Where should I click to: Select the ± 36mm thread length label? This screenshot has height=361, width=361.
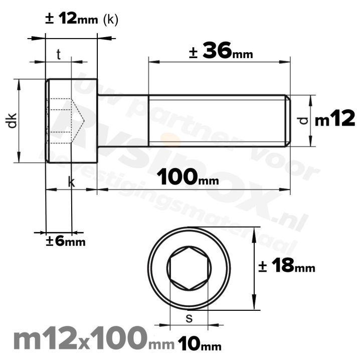(221, 51)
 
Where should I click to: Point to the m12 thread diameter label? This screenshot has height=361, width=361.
(335, 119)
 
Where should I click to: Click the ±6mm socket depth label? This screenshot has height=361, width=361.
(65, 241)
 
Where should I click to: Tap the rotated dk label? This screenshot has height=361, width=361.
(13, 120)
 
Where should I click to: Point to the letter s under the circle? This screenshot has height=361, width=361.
(189, 317)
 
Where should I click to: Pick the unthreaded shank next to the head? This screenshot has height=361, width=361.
(123, 120)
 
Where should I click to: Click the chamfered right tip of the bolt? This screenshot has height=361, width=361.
(288, 120)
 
